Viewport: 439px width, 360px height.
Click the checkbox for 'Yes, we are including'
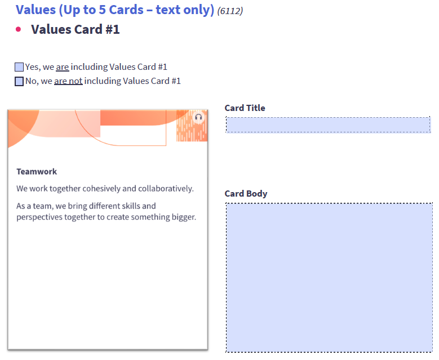[x=19, y=67]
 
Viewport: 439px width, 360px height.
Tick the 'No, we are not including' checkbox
[x=19, y=81]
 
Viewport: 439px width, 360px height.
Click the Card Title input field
[x=328, y=125]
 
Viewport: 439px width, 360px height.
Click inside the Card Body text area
[x=329, y=277]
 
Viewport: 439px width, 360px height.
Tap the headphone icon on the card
[x=198, y=118]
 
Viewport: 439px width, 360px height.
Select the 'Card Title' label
[x=245, y=108]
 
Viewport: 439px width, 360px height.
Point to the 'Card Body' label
[x=246, y=194]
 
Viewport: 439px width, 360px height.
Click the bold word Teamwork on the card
[x=37, y=172]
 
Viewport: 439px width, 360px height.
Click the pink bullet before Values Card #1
[x=19, y=29]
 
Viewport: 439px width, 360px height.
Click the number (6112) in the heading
[x=230, y=11]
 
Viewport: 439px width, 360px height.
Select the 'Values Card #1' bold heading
[x=76, y=29]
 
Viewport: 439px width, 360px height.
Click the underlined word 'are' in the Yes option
[x=62, y=67]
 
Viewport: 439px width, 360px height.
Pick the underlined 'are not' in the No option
[x=68, y=81]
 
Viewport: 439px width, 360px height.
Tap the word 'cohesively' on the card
[x=102, y=189]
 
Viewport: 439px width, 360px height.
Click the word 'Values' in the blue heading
[x=35, y=10]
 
